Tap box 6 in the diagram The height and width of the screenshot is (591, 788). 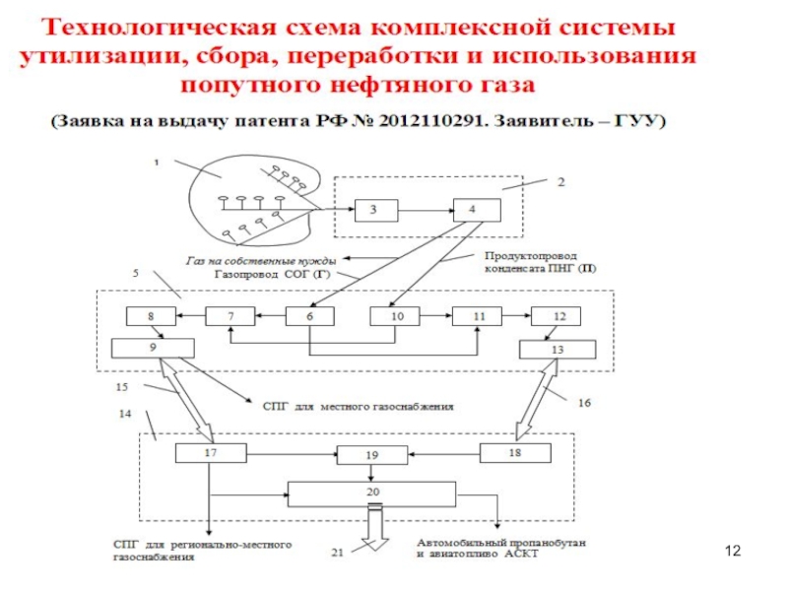(x=309, y=316)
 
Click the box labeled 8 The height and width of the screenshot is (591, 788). (x=151, y=316)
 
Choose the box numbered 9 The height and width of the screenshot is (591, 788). (x=152, y=348)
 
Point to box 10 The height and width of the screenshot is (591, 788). (x=396, y=316)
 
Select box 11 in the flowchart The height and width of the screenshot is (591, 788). (x=479, y=316)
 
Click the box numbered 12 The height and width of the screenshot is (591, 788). (x=558, y=316)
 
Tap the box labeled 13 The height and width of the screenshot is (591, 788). (x=558, y=350)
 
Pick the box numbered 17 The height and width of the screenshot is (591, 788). (x=209, y=453)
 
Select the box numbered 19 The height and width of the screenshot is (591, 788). (x=371, y=455)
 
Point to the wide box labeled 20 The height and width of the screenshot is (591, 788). (x=371, y=493)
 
